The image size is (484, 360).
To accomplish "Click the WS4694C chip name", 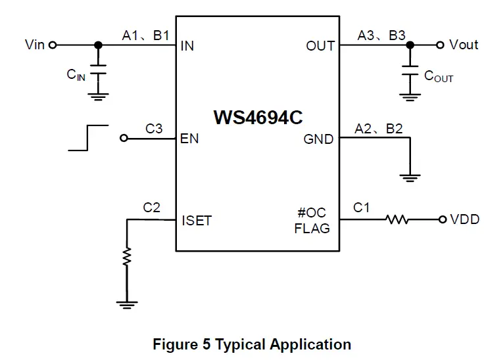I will click(258, 118).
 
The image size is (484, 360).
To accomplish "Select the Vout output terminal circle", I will click(440, 45).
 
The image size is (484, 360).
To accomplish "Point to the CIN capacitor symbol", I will click(98, 72).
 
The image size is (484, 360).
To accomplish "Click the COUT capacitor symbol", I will click(410, 72).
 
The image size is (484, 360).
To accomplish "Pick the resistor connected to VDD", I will click(399, 219).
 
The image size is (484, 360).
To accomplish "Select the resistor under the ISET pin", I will click(126, 258).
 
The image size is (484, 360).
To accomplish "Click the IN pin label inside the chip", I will click(187, 47).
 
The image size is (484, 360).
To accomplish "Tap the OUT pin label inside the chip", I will click(320, 46).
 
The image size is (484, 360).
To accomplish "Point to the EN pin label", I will click(189, 139).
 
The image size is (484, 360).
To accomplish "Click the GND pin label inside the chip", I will click(318, 139).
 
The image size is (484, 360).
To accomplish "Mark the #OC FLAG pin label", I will click(312, 221).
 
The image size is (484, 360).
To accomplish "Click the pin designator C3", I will click(154, 129).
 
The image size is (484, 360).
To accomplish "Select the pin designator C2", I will click(151, 208).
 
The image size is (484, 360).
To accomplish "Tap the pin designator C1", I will click(362, 208).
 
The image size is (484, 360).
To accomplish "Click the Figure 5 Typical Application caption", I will click(252, 344).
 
